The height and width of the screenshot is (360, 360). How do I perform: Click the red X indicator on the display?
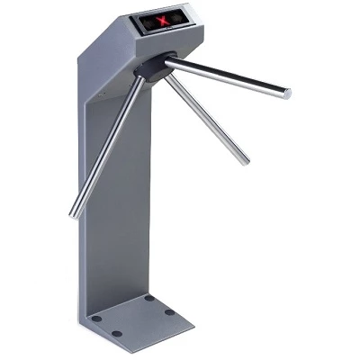point(163,20)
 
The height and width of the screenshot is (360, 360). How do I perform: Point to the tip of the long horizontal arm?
point(286,92)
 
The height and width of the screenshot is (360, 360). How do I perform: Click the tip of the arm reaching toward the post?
point(74,214)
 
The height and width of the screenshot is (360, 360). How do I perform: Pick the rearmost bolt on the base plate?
point(149,298)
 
